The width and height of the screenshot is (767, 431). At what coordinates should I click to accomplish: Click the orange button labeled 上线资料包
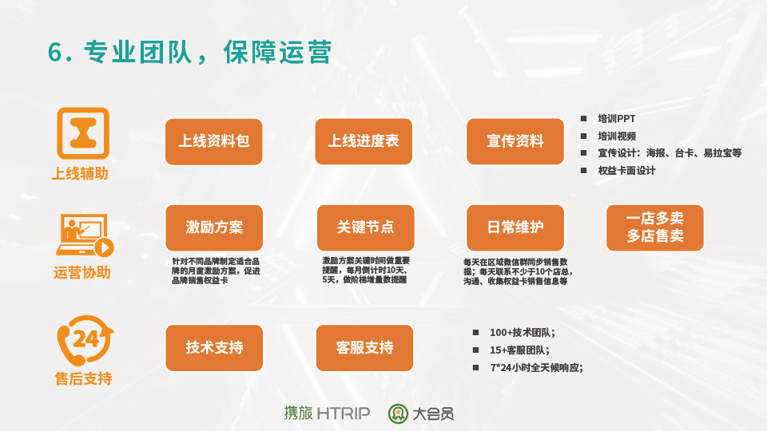tap(214, 142)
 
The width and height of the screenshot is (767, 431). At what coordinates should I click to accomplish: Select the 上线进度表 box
tap(364, 141)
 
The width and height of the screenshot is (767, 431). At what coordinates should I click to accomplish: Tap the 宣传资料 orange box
tap(515, 141)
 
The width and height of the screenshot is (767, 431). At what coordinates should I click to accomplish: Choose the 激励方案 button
tap(214, 227)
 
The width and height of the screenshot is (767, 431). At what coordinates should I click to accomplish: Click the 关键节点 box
tap(365, 227)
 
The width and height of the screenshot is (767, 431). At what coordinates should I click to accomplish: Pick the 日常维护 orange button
tap(515, 227)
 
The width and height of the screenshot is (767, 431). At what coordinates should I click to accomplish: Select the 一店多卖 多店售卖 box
tap(655, 227)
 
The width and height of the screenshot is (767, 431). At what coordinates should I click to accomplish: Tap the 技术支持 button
tap(214, 348)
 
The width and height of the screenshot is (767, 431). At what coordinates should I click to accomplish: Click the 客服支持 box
tap(364, 348)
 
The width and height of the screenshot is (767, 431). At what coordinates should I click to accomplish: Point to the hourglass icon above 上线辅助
tap(83, 133)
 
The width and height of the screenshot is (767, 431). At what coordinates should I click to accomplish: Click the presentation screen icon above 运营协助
tap(84, 235)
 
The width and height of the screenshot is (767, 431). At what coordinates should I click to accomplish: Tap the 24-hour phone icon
tap(85, 341)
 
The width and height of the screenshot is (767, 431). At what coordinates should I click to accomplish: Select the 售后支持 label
tap(84, 378)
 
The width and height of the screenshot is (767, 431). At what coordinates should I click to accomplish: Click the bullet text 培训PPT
tap(616, 119)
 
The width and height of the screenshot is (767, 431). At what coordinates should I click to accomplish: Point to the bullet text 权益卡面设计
tap(626, 171)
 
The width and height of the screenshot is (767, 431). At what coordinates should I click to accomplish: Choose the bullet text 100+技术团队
tap(523, 333)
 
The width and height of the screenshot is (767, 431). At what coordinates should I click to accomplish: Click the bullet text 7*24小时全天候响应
tap(537, 367)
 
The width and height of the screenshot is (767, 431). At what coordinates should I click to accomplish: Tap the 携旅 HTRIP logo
tap(327, 413)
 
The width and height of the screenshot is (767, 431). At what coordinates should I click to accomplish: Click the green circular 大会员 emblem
tap(398, 414)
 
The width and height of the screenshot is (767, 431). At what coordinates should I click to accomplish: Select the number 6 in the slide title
tap(55, 52)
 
